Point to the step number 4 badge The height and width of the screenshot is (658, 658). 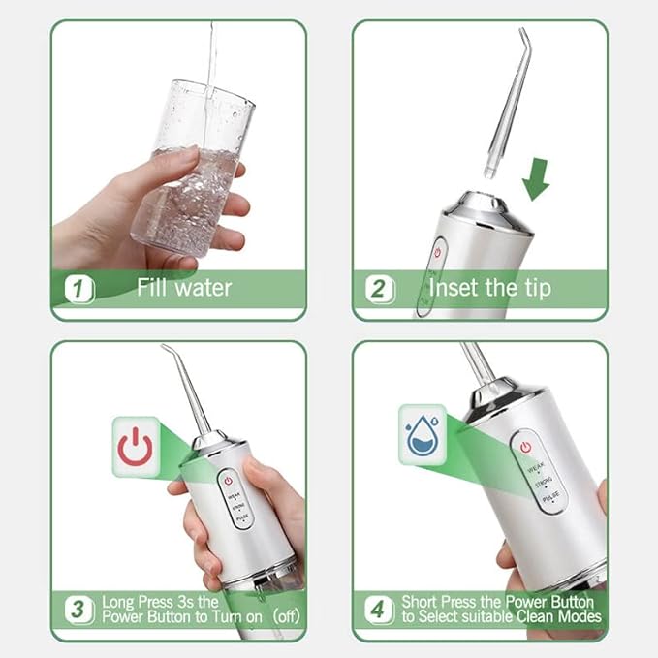(x=378, y=611)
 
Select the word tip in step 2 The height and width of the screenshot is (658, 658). (x=533, y=287)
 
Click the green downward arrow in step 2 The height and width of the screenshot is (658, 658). (x=535, y=177)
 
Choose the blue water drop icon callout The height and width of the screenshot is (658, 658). (x=423, y=434)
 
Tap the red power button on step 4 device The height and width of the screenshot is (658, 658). (x=525, y=447)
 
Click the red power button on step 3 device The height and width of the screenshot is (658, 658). (x=228, y=480)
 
